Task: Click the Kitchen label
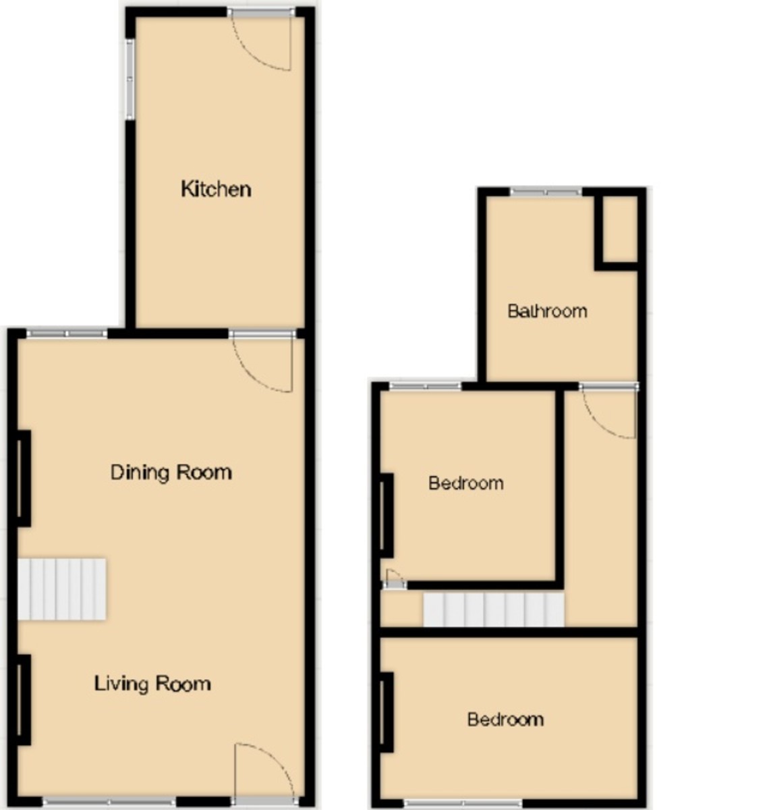click(x=216, y=188)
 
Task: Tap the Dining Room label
click(x=171, y=472)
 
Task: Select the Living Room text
click(x=152, y=684)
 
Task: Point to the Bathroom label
click(x=547, y=311)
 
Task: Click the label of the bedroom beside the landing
click(x=465, y=483)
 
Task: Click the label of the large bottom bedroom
click(x=505, y=720)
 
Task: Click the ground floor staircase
click(x=61, y=589)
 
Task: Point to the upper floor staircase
click(x=493, y=609)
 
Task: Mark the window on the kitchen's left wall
click(x=130, y=80)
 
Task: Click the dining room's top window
click(x=67, y=333)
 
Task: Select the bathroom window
click(x=545, y=192)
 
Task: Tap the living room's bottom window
click(x=109, y=802)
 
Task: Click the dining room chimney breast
click(x=24, y=478)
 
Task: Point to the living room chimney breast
click(x=24, y=699)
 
